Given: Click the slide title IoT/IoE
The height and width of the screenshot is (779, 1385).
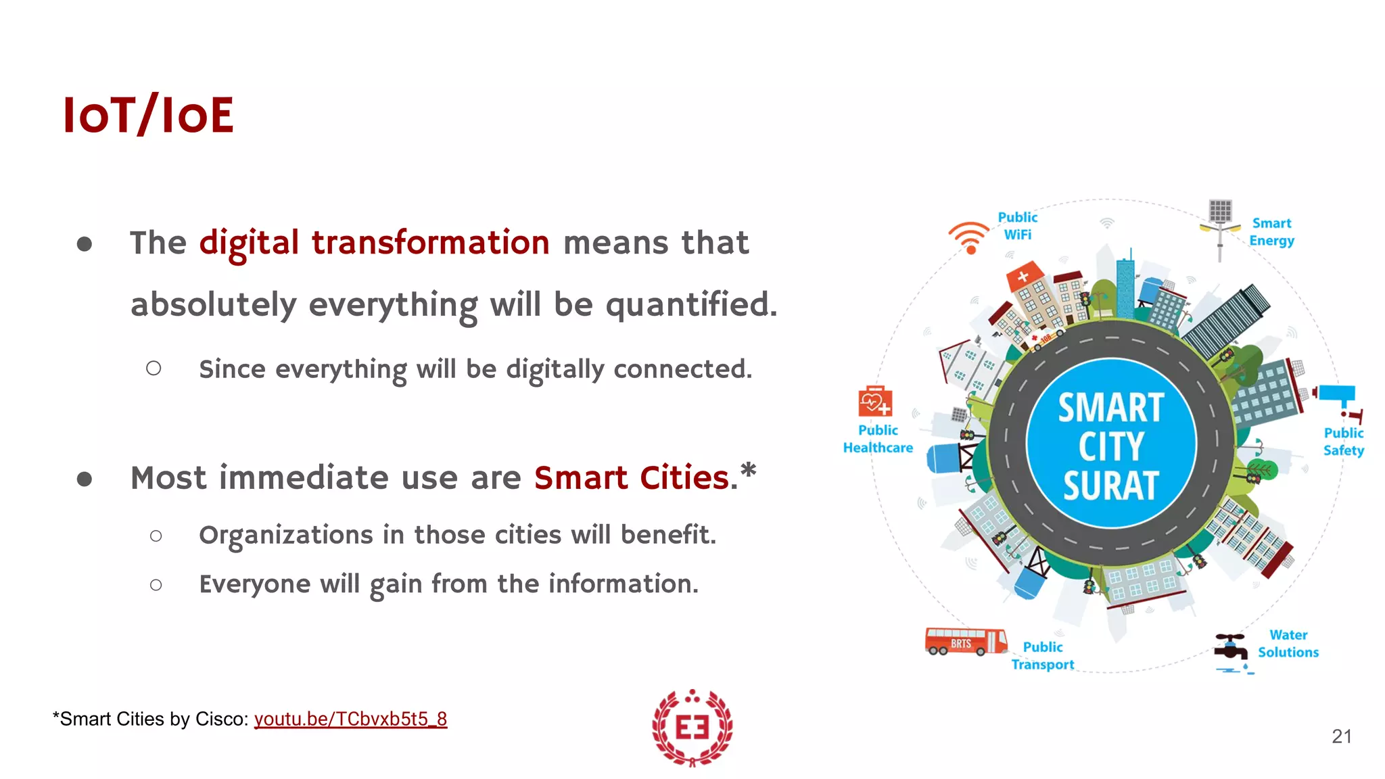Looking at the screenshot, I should tap(148, 115).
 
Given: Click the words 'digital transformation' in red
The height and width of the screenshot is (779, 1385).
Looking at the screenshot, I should tap(374, 242).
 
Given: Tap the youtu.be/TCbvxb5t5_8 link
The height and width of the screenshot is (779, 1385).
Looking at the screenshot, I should tap(350, 719).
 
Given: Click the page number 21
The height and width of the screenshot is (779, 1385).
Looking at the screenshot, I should tap(1341, 736).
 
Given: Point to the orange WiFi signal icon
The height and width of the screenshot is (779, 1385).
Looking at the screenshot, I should tap(969, 237).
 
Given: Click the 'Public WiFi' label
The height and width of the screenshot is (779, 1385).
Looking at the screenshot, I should tap(1018, 226).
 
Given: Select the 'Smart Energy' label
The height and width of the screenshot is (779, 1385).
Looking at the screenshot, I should tap(1271, 232).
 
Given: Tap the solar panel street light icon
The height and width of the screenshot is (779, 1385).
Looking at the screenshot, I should tap(1220, 227).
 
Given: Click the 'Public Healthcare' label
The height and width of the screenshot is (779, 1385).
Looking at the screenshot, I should tap(878, 439).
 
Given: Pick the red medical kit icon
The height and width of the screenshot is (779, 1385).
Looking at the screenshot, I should tap(875, 402).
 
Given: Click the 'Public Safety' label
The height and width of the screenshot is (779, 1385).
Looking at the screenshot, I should tap(1343, 442).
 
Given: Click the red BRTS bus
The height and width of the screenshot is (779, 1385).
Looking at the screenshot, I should tap(965, 641).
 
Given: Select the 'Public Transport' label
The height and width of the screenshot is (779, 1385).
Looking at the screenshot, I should tap(1043, 656).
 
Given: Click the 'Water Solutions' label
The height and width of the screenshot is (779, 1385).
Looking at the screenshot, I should tap(1288, 644).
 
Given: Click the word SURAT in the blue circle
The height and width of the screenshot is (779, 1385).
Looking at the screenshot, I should tap(1111, 486).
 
